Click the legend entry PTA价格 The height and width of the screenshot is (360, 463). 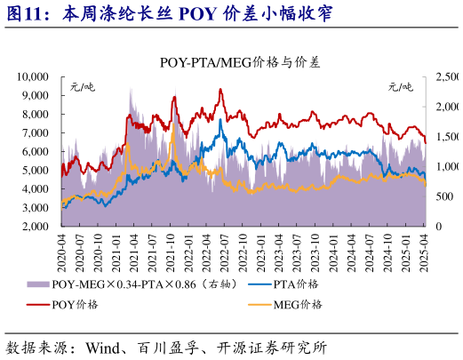coord(298,284)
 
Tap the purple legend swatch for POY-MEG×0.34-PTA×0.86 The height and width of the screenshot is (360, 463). coord(38,284)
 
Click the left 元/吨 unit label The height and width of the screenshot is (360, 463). coord(82,87)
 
